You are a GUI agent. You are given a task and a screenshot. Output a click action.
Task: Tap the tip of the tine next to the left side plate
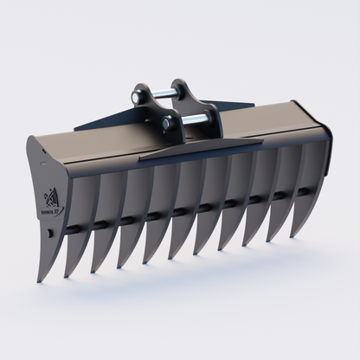(x=67, y=275)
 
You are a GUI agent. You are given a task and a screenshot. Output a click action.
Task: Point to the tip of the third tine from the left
(x=119, y=267)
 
